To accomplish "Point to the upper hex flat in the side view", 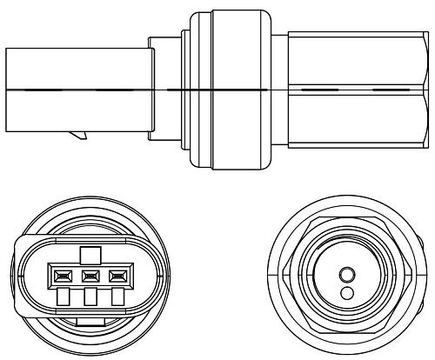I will pos(357,57).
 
